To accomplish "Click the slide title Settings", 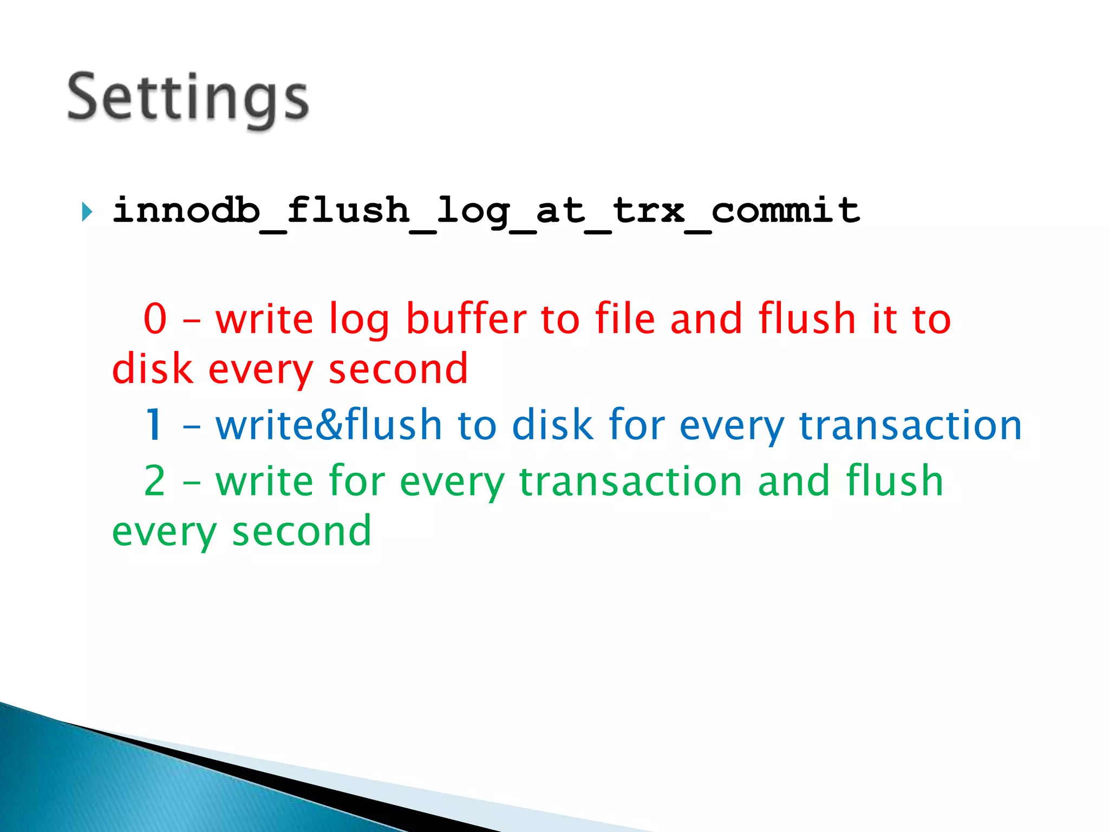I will [188, 99].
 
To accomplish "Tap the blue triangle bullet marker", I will [87, 211].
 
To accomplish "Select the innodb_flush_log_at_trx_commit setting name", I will [486, 211].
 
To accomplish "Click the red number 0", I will [155, 318].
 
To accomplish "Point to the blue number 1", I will [155, 425].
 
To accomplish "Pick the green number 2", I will [155, 480].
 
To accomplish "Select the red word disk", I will [152, 369].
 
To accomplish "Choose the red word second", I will [398, 369].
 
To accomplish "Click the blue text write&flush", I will [329, 425].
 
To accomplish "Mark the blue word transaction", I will [910, 425].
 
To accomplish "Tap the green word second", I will [302, 531].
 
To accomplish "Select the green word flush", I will [895, 480].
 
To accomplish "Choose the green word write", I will [264, 480].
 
